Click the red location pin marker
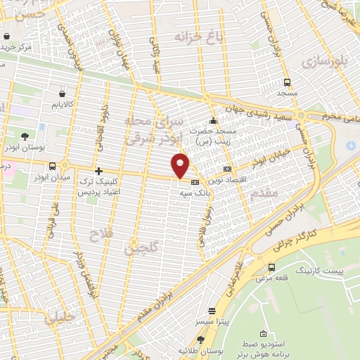[x=181, y=165]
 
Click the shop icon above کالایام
[x=63, y=93]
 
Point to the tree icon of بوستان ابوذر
[x=26, y=136]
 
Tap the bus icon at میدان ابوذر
[x=53, y=167]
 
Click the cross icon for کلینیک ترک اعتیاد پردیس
[x=98, y=171]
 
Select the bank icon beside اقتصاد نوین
[x=227, y=169]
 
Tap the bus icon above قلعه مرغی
[x=271, y=267]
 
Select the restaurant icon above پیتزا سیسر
[x=212, y=311]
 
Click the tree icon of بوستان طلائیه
[x=200, y=340]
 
